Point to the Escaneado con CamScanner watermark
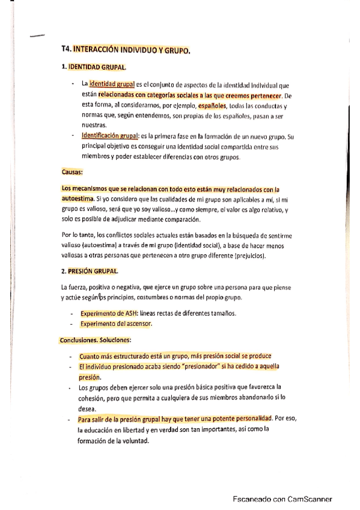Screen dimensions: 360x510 [x=282, y=499]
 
